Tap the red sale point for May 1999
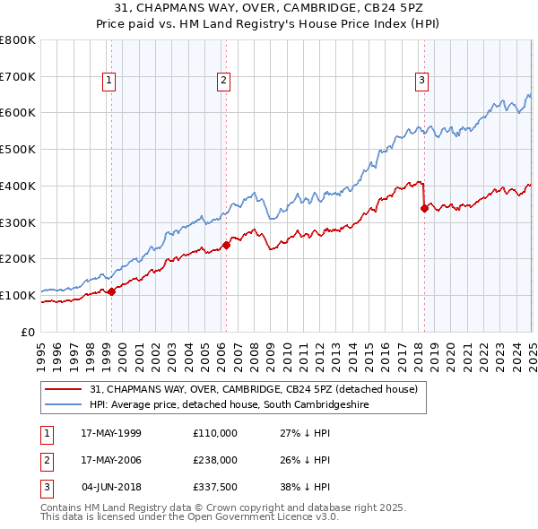click(x=112, y=291)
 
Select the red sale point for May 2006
click(x=227, y=244)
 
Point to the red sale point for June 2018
click(x=424, y=208)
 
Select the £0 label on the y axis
click(x=28, y=332)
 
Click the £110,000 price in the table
click(x=214, y=433)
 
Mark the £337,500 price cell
click(x=214, y=487)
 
